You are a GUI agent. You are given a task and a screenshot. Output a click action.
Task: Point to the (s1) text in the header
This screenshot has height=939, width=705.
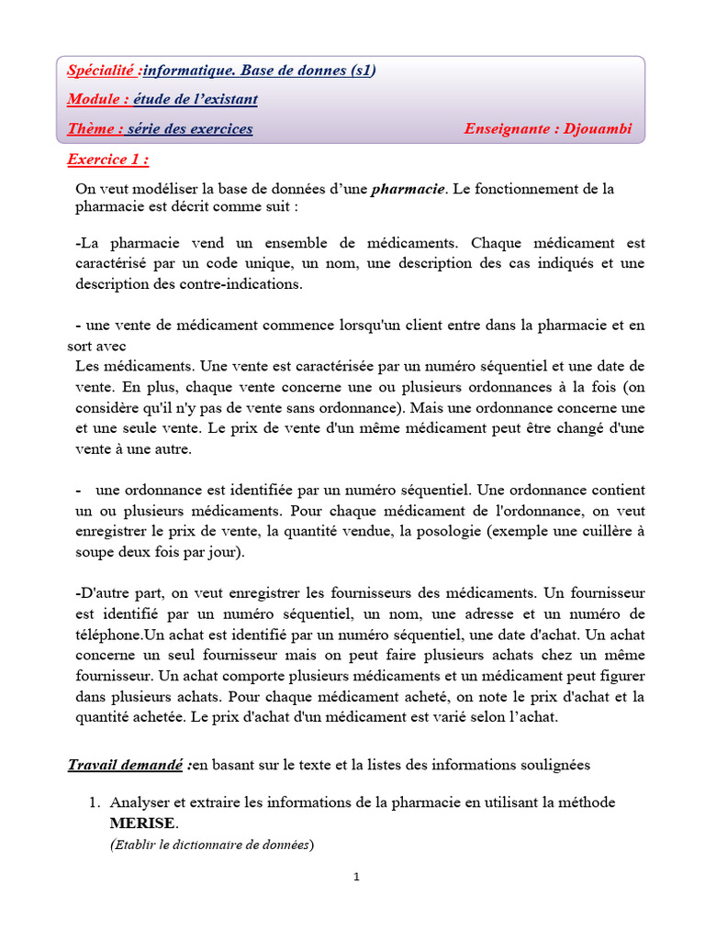pos(360,71)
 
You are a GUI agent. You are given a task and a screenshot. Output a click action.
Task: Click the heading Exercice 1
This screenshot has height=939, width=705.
pos(107,160)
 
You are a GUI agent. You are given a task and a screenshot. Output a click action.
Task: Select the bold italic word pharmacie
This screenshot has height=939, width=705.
pos(408,189)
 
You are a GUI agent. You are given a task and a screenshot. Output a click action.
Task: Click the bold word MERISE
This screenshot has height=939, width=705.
pos(141,823)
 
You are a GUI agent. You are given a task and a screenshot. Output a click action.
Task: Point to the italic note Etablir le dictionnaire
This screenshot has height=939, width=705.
pos(211,845)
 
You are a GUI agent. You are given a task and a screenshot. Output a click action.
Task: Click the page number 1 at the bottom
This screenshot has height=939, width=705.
pos(357,878)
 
